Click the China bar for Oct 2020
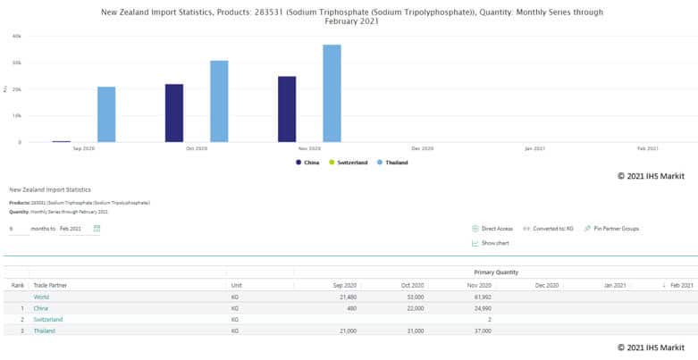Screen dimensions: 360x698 (x=174, y=113)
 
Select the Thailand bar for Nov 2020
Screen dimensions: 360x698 (x=332, y=93)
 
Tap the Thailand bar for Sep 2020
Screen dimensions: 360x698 (x=106, y=114)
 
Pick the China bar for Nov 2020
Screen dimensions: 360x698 (x=287, y=109)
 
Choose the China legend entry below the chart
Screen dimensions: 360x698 (x=309, y=162)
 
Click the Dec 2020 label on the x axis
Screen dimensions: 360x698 (x=422, y=148)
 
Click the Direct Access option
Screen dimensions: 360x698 (x=495, y=229)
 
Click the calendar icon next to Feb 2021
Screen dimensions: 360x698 (x=97, y=229)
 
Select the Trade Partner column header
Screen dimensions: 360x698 (x=50, y=285)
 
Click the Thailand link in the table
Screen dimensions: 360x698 (x=44, y=331)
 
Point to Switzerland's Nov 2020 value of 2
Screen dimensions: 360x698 (x=489, y=319)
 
